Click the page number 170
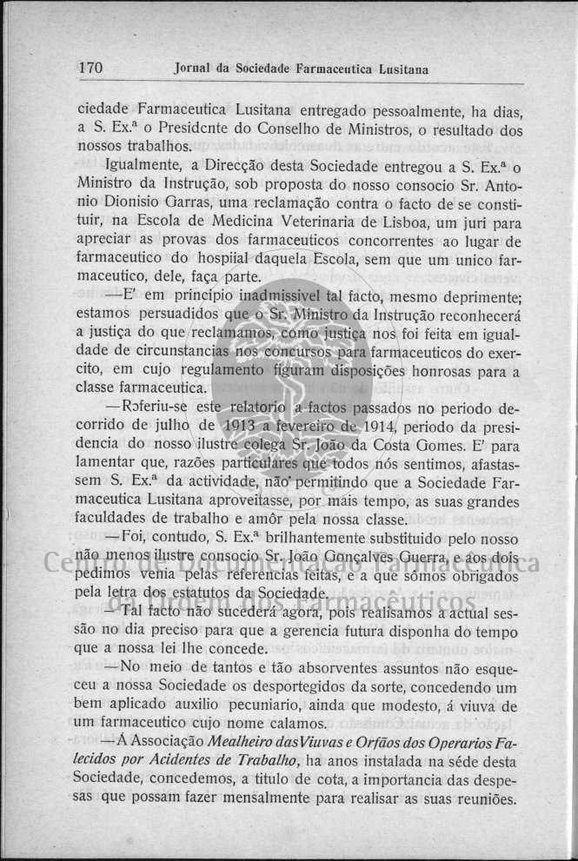90,67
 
